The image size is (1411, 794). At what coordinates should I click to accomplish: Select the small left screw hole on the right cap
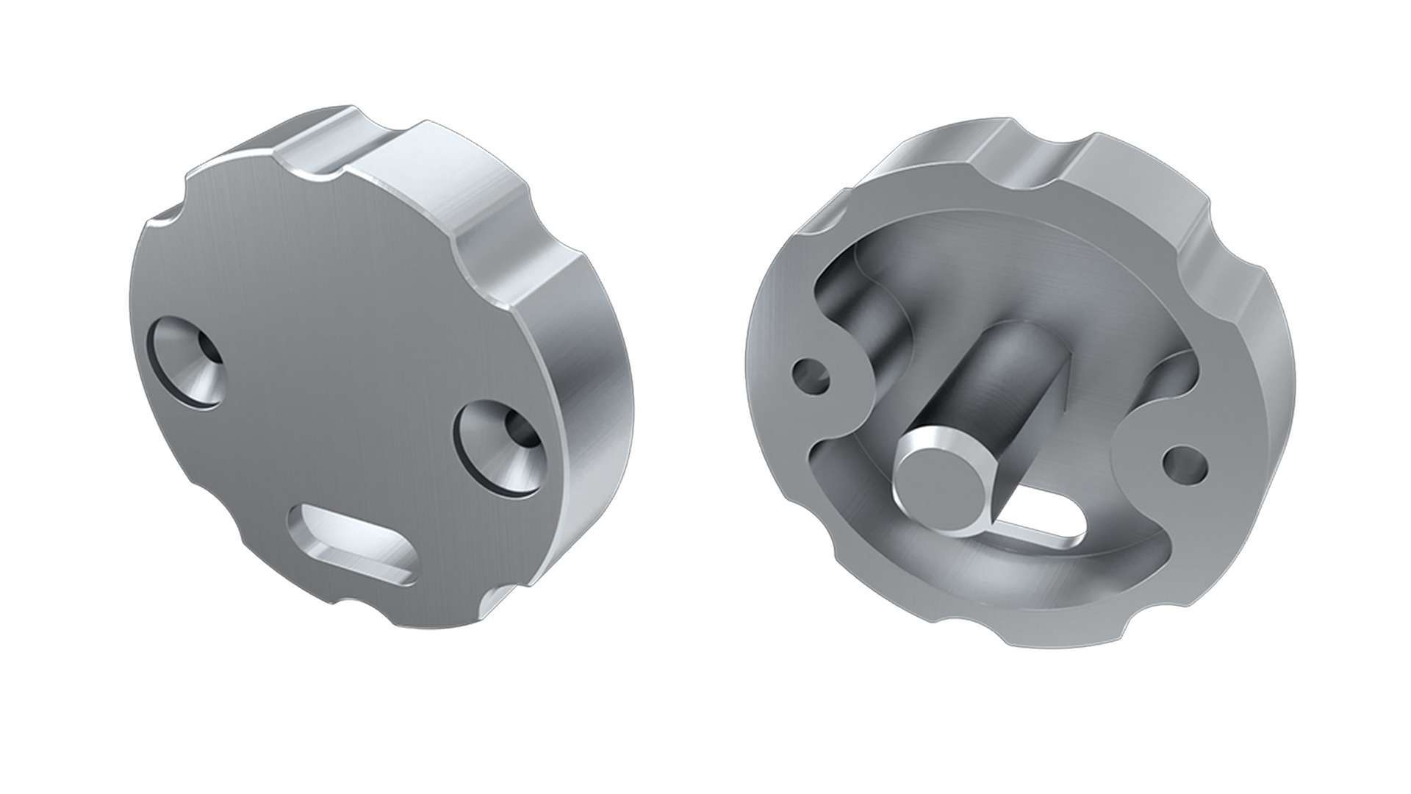pos(812,376)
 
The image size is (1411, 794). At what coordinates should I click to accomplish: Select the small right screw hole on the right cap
pos(1184,463)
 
